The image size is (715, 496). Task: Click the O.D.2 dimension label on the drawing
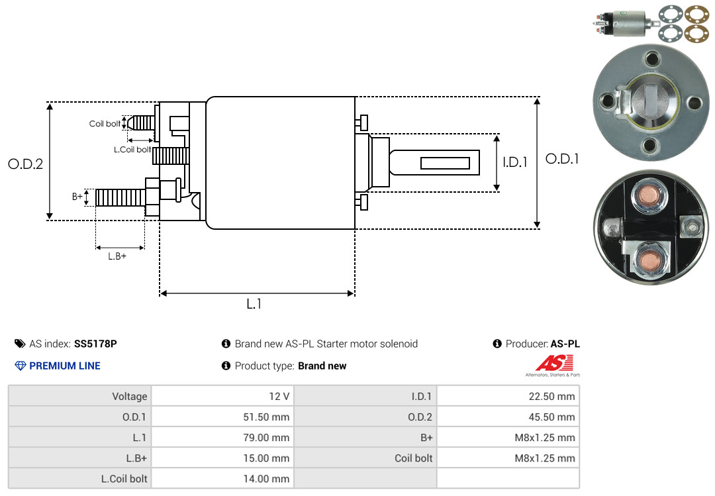tap(26, 164)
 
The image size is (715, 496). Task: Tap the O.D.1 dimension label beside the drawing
tap(562, 159)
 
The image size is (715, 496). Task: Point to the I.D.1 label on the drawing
tap(515, 162)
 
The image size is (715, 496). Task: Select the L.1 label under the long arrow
tap(254, 304)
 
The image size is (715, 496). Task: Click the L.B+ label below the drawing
tap(117, 256)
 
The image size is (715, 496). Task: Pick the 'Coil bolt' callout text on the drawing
tap(105, 124)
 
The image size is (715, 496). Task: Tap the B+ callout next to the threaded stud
tap(77, 197)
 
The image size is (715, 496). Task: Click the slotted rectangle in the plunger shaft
tap(445, 163)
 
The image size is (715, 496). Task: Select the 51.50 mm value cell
tap(266, 417)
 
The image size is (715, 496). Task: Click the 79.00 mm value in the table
tap(266, 438)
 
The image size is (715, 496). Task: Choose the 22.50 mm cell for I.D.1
tap(551, 397)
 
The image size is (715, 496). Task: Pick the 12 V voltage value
tap(279, 397)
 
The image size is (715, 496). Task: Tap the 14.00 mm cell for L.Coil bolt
tap(266, 479)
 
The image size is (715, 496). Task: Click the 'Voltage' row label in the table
tap(130, 397)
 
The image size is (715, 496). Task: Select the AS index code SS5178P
tap(95, 344)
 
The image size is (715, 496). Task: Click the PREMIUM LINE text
tap(65, 366)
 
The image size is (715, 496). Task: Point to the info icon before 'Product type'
tap(226, 366)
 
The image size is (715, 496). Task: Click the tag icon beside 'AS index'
tap(20, 344)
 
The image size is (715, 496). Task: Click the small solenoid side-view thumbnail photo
tap(625, 23)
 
